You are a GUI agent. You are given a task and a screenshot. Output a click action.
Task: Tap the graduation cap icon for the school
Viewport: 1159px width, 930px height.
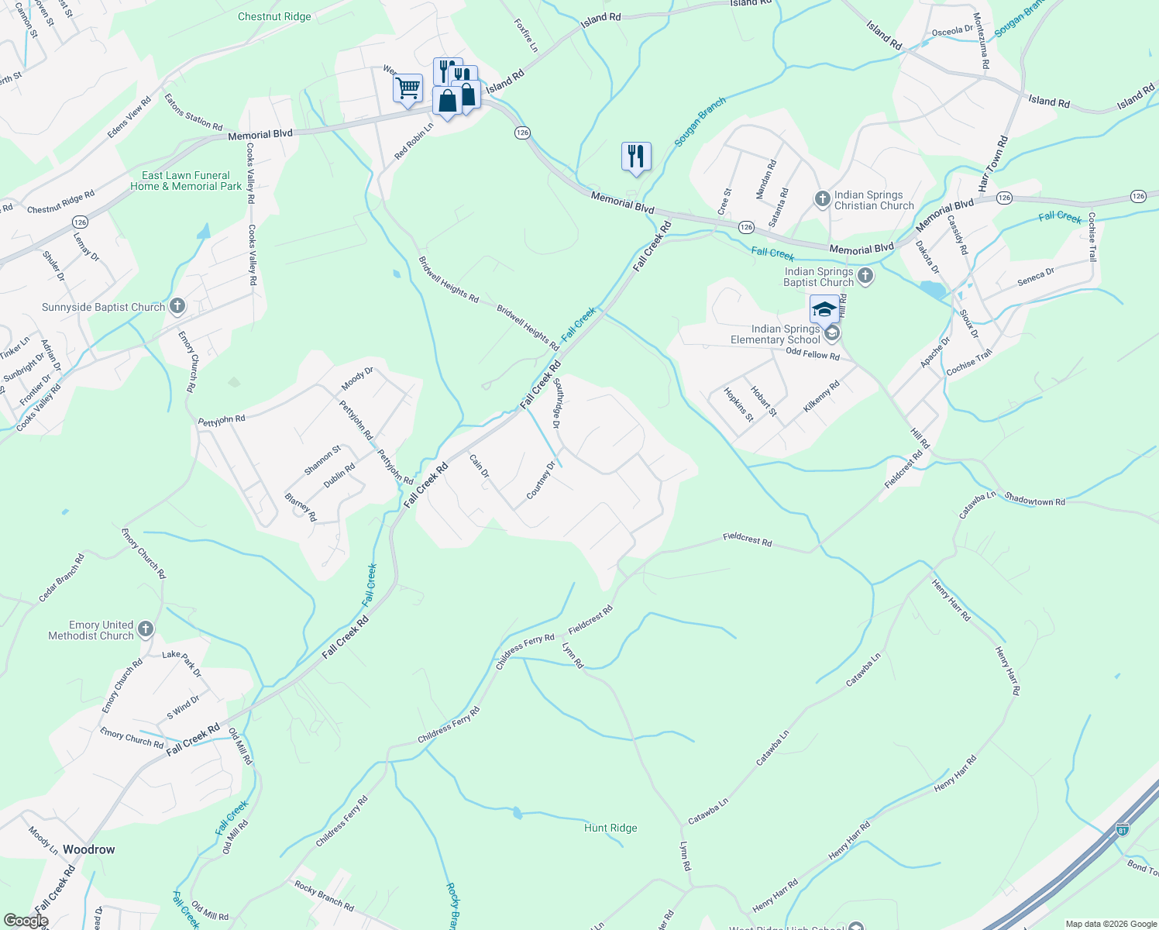coord(824,309)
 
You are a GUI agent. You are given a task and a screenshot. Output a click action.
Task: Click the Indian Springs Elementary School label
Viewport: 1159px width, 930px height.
coord(776,335)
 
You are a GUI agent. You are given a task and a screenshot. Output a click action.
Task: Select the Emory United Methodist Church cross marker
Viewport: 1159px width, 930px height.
coord(146,630)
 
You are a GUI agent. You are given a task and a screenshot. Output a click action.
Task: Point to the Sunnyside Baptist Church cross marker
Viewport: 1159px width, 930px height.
coord(177,307)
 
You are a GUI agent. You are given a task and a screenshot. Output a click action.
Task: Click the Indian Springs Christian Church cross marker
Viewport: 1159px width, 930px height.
coord(823,200)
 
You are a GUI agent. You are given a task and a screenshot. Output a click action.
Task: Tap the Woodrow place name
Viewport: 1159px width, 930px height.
coord(88,849)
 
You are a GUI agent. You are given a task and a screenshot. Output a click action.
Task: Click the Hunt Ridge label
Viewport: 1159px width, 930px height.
coord(610,828)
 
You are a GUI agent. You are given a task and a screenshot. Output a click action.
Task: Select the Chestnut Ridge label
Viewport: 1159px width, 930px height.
coord(274,16)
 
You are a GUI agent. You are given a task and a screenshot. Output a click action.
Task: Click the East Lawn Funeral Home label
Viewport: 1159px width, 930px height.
coord(186,181)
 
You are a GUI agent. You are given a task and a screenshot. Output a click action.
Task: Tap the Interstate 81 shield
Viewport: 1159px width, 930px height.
coord(1123,830)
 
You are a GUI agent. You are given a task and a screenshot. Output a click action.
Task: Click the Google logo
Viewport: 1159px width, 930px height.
coord(26,921)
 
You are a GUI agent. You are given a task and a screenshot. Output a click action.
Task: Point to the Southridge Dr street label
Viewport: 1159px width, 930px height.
coord(556,404)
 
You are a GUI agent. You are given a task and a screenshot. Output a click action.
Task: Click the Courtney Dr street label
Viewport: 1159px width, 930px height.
coord(541,480)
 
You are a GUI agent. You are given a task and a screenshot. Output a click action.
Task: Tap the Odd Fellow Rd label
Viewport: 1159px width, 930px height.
coord(812,354)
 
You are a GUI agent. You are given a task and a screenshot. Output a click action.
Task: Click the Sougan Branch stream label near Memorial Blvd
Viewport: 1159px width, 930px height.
coord(700,122)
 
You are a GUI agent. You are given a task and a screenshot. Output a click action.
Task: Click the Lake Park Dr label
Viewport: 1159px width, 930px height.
coord(182,663)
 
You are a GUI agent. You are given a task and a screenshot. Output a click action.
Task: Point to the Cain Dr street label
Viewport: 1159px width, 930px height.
coord(480,466)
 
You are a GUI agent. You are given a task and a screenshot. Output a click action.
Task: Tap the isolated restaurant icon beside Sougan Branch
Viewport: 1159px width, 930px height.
coord(636,157)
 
